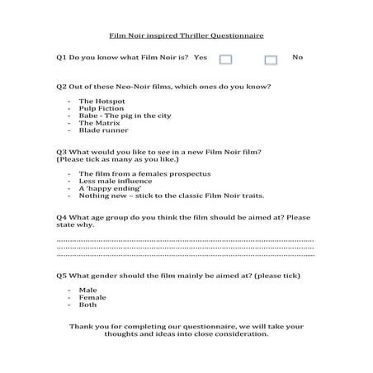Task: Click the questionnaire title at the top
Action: tap(186, 36)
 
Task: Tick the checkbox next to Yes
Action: tap(227, 59)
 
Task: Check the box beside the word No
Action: tap(271, 59)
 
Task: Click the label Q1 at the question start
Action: tap(61, 57)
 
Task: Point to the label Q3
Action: tap(61, 153)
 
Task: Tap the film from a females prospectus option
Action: tap(133, 174)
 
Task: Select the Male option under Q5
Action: tap(87, 290)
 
